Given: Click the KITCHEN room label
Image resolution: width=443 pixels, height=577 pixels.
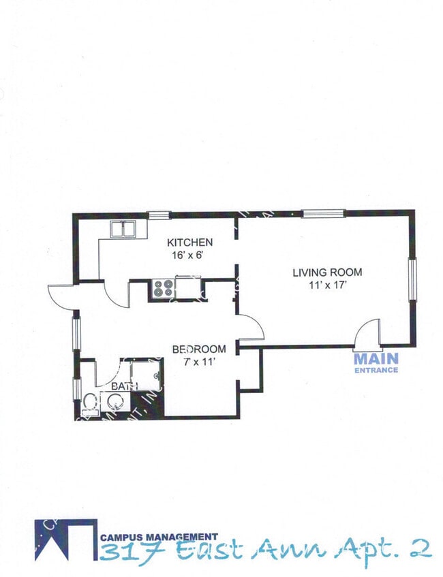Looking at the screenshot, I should (190, 243).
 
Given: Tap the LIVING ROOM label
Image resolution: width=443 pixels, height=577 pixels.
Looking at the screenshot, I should (327, 272).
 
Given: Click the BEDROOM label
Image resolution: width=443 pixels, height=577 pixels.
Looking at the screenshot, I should (198, 349).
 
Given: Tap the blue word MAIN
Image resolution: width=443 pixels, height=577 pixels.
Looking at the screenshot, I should (376, 358).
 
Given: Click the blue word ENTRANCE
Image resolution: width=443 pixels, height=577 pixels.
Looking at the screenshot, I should (376, 370).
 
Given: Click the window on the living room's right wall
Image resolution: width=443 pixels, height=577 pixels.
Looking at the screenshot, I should (412, 279).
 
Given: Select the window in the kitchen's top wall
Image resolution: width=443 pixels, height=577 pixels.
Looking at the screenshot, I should (159, 215).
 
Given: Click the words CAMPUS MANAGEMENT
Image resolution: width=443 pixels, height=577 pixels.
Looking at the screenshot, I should (159, 536).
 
